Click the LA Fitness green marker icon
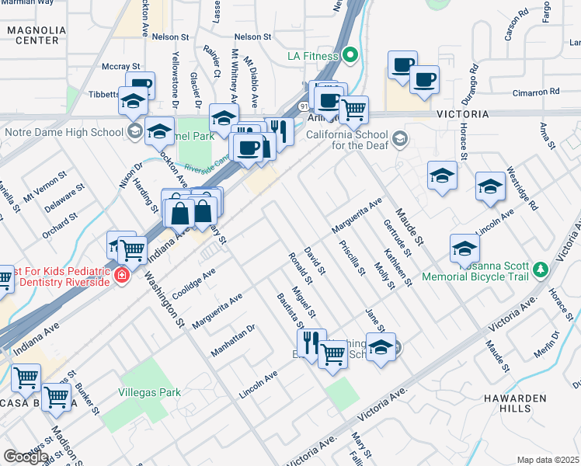[x=350, y=55]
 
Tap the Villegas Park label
[x=149, y=392]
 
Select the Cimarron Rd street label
[x=536, y=92]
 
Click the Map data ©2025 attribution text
[x=548, y=460]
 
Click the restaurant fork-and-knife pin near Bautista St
[x=308, y=340]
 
